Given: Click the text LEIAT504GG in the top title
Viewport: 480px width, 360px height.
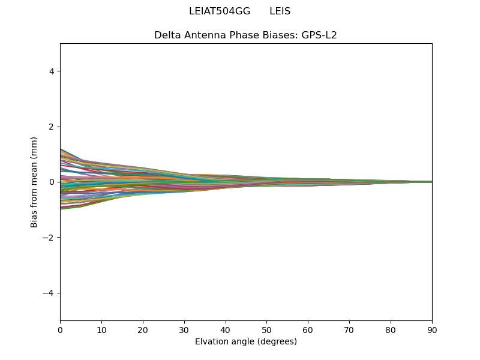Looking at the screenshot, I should [x=220, y=11].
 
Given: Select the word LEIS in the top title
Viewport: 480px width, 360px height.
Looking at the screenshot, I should [x=280, y=11].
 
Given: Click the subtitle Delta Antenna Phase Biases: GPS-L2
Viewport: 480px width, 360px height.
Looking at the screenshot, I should [x=245, y=35].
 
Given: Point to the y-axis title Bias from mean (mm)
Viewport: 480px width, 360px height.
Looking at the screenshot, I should [x=34, y=182].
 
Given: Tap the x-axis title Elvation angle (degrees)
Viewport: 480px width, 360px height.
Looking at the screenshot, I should [x=245, y=342].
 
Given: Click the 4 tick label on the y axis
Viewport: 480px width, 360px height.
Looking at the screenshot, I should [x=52, y=71].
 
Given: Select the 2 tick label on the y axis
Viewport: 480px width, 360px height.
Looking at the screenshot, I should [x=52, y=127].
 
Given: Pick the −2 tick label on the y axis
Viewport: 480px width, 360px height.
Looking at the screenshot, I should [x=49, y=238].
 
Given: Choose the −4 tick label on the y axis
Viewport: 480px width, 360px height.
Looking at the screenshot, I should [x=49, y=293].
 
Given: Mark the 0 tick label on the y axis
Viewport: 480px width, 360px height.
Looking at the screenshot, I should [x=52, y=182].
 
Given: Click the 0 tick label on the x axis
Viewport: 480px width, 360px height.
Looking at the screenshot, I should [x=60, y=330].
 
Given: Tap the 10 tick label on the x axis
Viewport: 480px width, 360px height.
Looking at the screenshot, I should [x=101, y=330].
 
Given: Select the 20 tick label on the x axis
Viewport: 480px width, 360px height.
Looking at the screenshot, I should [x=143, y=330].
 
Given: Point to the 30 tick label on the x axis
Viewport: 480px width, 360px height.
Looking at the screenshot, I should [x=184, y=330].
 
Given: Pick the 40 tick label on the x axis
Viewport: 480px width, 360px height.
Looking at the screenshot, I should [x=226, y=330].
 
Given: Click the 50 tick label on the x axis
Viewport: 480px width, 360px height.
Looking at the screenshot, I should [x=266, y=330].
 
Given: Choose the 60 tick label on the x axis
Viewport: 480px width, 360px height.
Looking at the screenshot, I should [x=308, y=330].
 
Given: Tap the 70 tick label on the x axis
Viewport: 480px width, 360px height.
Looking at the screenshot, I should [x=349, y=330].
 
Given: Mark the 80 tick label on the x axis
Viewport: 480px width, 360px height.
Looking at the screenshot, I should [x=391, y=330].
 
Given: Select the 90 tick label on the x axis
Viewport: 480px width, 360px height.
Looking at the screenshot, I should [x=432, y=330].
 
